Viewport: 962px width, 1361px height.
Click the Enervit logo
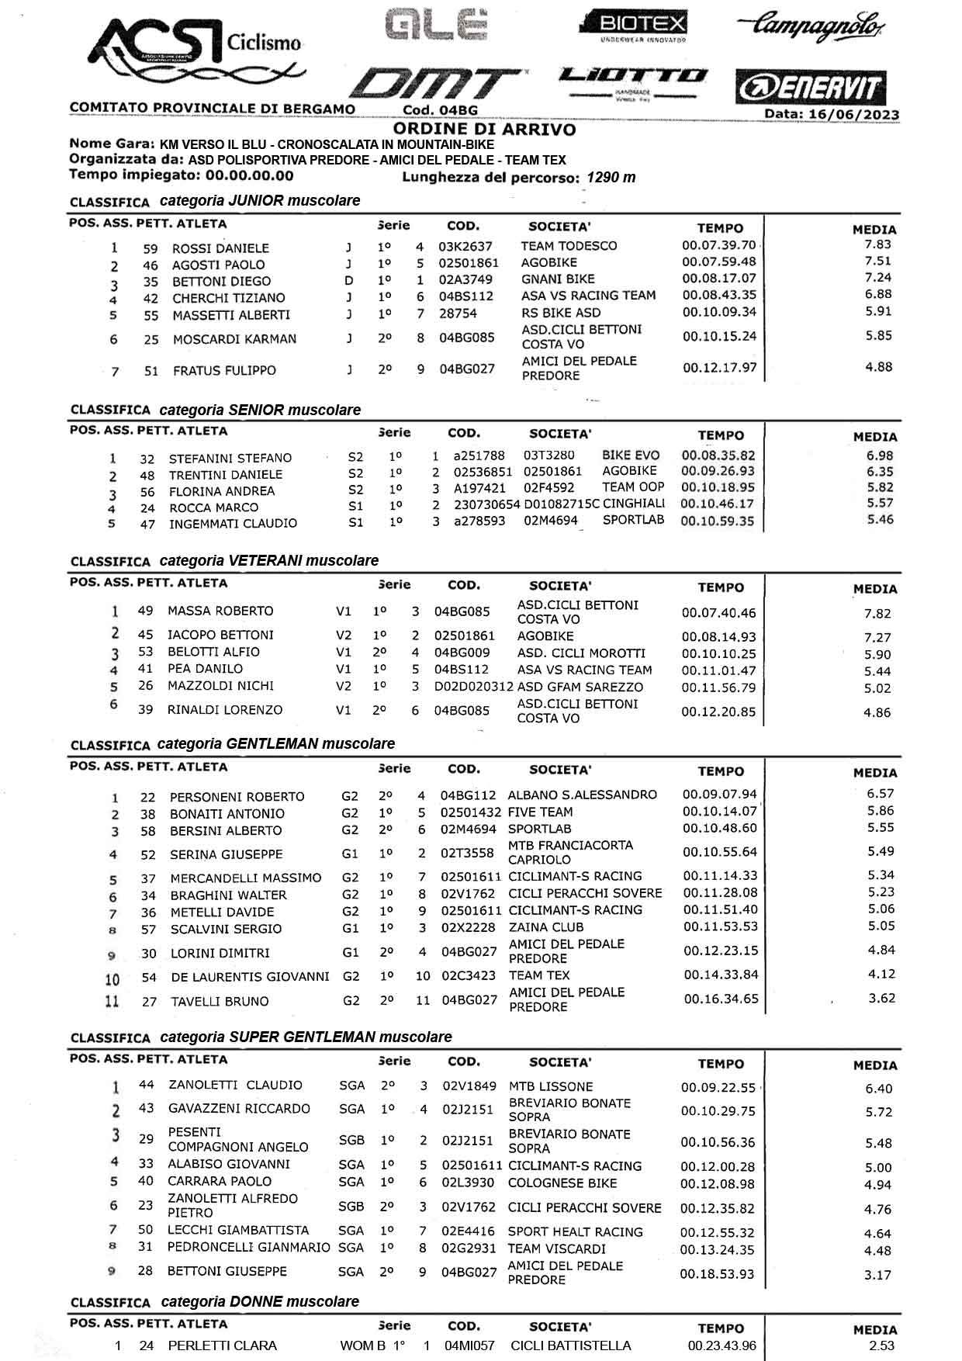click(x=810, y=88)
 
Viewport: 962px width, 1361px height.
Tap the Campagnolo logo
click(x=811, y=27)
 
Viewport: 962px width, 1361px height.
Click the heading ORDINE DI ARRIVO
click(x=484, y=129)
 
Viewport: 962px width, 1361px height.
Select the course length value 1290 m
click(x=611, y=177)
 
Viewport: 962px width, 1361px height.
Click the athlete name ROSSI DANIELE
click(x=220, y=248)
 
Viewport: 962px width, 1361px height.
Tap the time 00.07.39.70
click(x=718, y=245)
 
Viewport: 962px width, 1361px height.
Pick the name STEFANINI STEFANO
click(x=230, y=458)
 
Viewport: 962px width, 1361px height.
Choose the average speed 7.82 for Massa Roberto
click(x=877, y=613)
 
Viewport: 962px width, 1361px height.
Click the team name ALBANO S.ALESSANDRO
click(x=582, y=795)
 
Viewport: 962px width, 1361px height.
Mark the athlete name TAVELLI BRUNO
click(x=220, y=1001)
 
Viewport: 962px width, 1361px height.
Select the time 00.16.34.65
click(x=721, y=999)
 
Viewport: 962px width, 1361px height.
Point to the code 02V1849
click(x=469, y=1086)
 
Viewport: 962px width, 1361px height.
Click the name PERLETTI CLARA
click(x=222, y=1345)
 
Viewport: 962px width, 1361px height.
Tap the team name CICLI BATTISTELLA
click(x=570, y=1345)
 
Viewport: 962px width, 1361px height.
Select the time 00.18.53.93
click(x=717, y=1274)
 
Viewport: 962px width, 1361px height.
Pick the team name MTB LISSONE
click(x=550, y=1086)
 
